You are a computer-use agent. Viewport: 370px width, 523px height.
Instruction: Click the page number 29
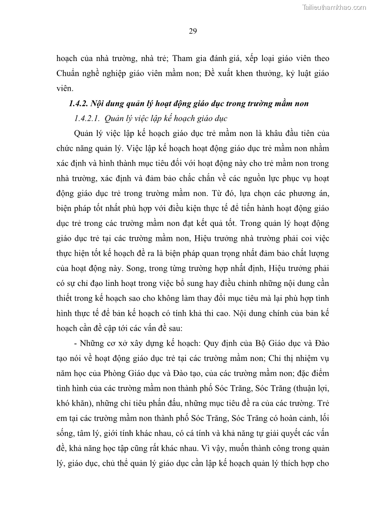tap(193, 32)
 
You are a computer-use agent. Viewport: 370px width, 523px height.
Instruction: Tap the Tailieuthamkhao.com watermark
tap(335, 7)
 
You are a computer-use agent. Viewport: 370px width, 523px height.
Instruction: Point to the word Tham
tap(187, 59)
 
